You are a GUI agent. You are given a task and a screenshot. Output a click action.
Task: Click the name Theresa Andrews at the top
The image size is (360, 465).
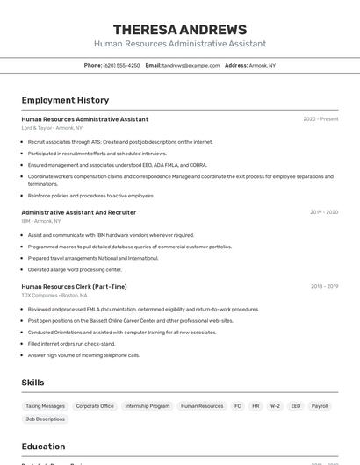pos(180,29)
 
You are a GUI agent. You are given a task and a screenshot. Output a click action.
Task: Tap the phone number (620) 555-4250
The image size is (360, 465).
pos(121,65)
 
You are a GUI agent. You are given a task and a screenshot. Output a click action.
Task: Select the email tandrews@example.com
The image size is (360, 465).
pos(191,65)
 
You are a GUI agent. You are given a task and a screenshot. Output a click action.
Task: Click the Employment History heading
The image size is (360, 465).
pos(65,100)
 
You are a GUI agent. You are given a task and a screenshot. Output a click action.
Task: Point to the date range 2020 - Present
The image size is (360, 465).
pos(320,119)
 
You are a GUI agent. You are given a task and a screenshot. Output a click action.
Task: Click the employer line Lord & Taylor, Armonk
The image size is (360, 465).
pos(52,128)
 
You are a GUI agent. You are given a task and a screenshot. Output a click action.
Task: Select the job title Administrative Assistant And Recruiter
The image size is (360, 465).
pos(79,212)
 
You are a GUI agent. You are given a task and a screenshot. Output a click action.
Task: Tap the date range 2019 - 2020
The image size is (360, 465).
pos(323,212)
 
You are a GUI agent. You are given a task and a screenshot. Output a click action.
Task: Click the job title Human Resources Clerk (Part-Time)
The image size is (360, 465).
pos(74,286)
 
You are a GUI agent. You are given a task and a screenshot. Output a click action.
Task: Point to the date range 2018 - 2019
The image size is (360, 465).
pos(323,286)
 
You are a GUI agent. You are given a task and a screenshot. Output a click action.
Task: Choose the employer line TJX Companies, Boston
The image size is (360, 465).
pos(54,296)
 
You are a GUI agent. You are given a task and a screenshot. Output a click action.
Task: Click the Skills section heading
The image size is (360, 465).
pos(32,383)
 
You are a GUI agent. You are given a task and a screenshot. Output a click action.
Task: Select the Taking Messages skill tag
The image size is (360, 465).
pos(45,406)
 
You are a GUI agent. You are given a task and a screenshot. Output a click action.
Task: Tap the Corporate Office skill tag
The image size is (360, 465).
pos(95,406)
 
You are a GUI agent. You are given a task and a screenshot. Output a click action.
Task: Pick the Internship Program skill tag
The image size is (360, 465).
pos(148,406)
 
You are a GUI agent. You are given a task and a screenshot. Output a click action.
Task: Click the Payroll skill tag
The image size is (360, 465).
pos(320,406)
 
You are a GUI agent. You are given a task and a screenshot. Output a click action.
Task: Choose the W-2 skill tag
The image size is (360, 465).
pos(275,406)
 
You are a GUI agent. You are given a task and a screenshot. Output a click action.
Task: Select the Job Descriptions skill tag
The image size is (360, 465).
pos(45,419)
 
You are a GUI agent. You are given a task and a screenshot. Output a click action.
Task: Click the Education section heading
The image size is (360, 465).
pos(43,446)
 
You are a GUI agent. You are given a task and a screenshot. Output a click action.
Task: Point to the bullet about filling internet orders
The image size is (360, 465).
pos(72,344)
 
